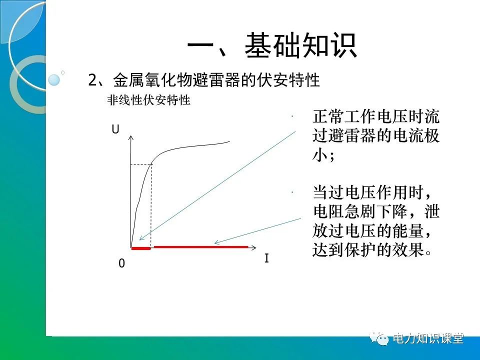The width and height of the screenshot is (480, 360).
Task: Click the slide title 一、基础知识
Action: click(x=272, y=46)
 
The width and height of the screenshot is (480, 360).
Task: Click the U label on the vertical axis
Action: click(x=115, y=129)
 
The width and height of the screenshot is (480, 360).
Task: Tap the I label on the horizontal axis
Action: click(x=266, y=259)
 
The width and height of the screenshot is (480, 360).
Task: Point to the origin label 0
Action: click(x=121, y=263)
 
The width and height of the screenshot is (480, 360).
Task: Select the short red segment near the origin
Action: click(x=140, y=247)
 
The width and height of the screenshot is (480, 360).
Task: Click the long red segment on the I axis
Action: click(x=200, y=247)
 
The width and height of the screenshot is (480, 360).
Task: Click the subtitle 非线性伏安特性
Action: click(x=148, y=100)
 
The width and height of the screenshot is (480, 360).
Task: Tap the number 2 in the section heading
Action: click(x=92, y=80)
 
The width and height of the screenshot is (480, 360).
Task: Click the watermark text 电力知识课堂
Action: click(x=428, y=338)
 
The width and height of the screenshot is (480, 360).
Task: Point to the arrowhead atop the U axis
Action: click(x=130, y=137)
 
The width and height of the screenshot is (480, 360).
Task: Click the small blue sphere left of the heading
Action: click(x=54, y=79)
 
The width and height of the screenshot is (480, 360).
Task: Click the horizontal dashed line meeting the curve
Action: click(x=140, y=164)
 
